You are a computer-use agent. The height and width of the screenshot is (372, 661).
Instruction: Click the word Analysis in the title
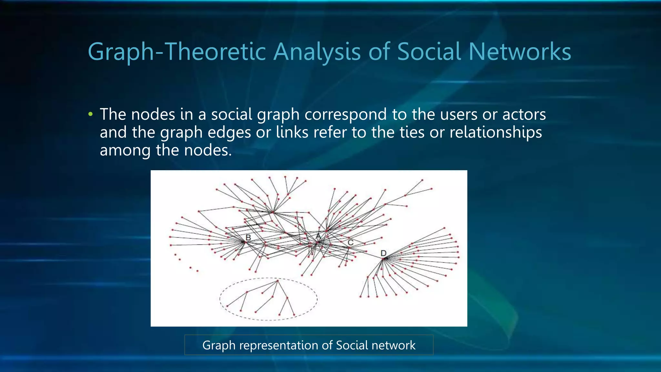pyautogui.click(x=317, y=52)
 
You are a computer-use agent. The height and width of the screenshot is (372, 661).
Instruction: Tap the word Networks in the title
pyautogui.click(x=520, y=52)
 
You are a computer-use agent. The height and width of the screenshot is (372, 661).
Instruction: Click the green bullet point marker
pyautogui.click(x=90, y=114)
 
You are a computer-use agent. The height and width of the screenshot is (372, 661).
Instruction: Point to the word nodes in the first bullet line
pyautogui.click(x=153, y=114)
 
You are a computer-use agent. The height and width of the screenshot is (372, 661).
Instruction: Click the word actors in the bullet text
pyautogui.click(x=524, y=114)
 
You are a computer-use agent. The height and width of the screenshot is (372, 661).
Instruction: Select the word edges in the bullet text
pyautogui.click(x=229, y=132)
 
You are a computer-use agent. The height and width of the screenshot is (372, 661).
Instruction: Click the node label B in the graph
pyautogui.click(x=248, y=238)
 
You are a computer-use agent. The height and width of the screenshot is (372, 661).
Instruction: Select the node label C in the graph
pyautogui.click(x=351, y=242)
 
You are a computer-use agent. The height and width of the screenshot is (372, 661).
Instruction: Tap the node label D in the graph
pyautogui.click(x=383, y=253)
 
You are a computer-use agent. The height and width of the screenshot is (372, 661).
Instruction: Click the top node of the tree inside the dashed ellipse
pyautogui.click(x=278, y=281)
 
